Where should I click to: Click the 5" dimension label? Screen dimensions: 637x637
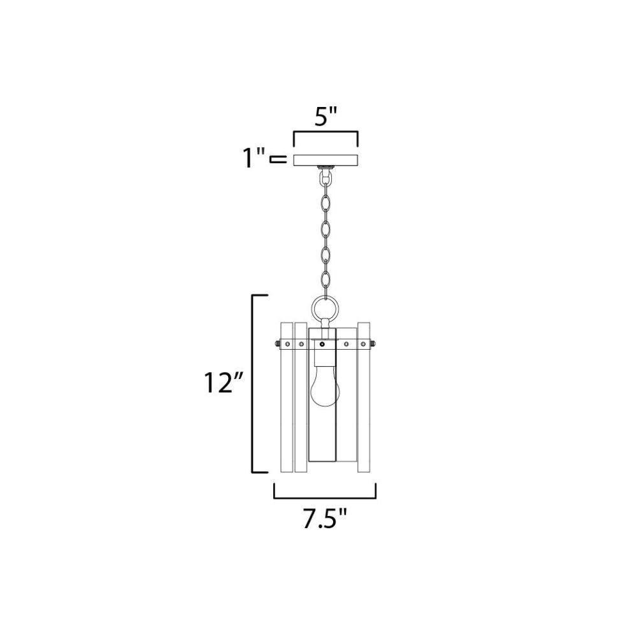point(326,117)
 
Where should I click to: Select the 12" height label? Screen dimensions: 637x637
point(223,382)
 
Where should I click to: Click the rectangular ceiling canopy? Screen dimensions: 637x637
point(326,160)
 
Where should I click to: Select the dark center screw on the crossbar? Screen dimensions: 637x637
point(322,344)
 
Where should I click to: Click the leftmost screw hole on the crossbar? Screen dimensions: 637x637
point(287,344)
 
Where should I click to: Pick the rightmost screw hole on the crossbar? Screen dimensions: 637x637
point(363,344)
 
